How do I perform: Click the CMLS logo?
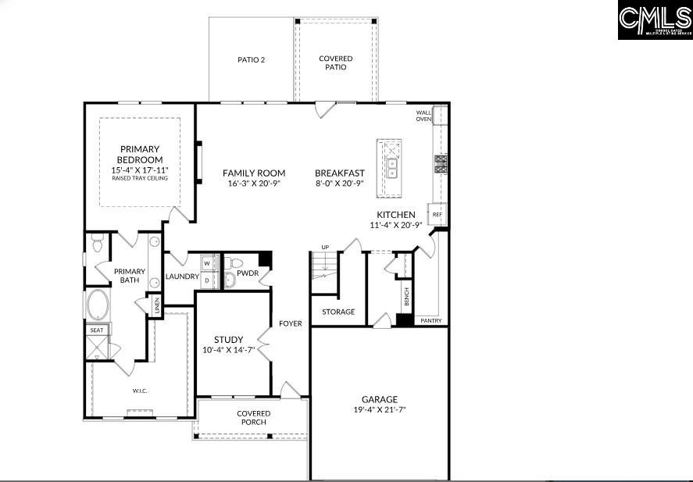coord(655,20)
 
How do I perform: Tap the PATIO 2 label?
coord(251,59)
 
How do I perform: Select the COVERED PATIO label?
coord(336,62)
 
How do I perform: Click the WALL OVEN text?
coord(423,116)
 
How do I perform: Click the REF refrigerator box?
coord(437,214)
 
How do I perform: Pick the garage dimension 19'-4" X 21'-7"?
coord(379,409)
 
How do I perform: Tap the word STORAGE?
coord(338,312)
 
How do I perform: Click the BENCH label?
coord(406,296)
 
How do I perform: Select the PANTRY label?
coord(430,320)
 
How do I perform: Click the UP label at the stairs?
coord(325,248)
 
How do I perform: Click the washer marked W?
coord(207,263)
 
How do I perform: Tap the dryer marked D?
coord(207,279)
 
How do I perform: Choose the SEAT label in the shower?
coord(96,330)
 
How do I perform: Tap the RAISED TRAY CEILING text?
coord(140,178)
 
